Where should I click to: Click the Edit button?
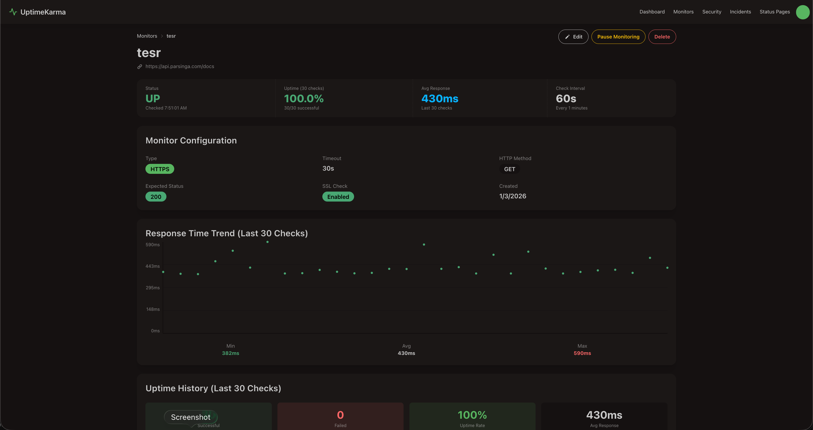click(x=573, y=37)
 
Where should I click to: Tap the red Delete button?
click(x=662, y=37)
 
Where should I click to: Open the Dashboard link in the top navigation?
click(x=652, y=12)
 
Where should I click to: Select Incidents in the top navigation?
click(x=740, y=12)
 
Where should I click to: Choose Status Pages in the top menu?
click(x=775, y=12)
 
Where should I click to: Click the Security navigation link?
click(x=711, y=12)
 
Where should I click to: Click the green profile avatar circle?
click(x=802, y=12)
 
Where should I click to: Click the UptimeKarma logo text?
click(x=43, y=12)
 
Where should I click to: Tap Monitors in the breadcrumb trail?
click(x=147, y=36)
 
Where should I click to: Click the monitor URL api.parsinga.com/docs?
click(x=180, y=66)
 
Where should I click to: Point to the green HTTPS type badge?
click(x=160, y=169)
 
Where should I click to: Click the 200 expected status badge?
click(x=156, y=197)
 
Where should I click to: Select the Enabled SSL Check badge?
click(x=338, y=197)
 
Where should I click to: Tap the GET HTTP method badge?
click(x=509, y=169)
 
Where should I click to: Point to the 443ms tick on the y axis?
click(x=152, y=266)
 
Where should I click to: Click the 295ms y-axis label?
click(x=152, y=287)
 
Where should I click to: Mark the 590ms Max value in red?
click(x=582, y=353)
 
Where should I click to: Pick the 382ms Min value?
click(x=230, y=353)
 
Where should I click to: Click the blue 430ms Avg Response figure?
click(x=440, y=98)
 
